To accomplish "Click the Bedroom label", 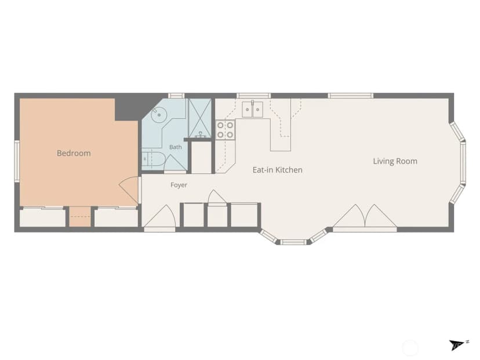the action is (x=74, y=153).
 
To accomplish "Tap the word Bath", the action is (x=176, y=147).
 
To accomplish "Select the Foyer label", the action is (x=179, y=185).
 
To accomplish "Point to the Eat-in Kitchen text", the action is (x=277, y=170).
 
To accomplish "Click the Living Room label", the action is (x=395, y=161).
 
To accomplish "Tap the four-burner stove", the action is (x=225, y=130).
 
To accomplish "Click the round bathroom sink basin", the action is (x=159, y=115).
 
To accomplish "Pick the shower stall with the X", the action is (x=199, y=118).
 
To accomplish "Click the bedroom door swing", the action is (x=129, y=191).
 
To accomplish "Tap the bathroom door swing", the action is (x=176, y=163).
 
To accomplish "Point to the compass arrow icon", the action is (x=457, y=345).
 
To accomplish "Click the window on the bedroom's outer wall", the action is (x=17, y=161).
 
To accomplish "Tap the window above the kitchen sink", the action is (x=253, y=96).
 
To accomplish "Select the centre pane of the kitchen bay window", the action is (x=293, y=242).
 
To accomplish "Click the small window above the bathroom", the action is (x=177, y=96).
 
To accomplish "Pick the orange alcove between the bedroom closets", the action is (x=80, y=217).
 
